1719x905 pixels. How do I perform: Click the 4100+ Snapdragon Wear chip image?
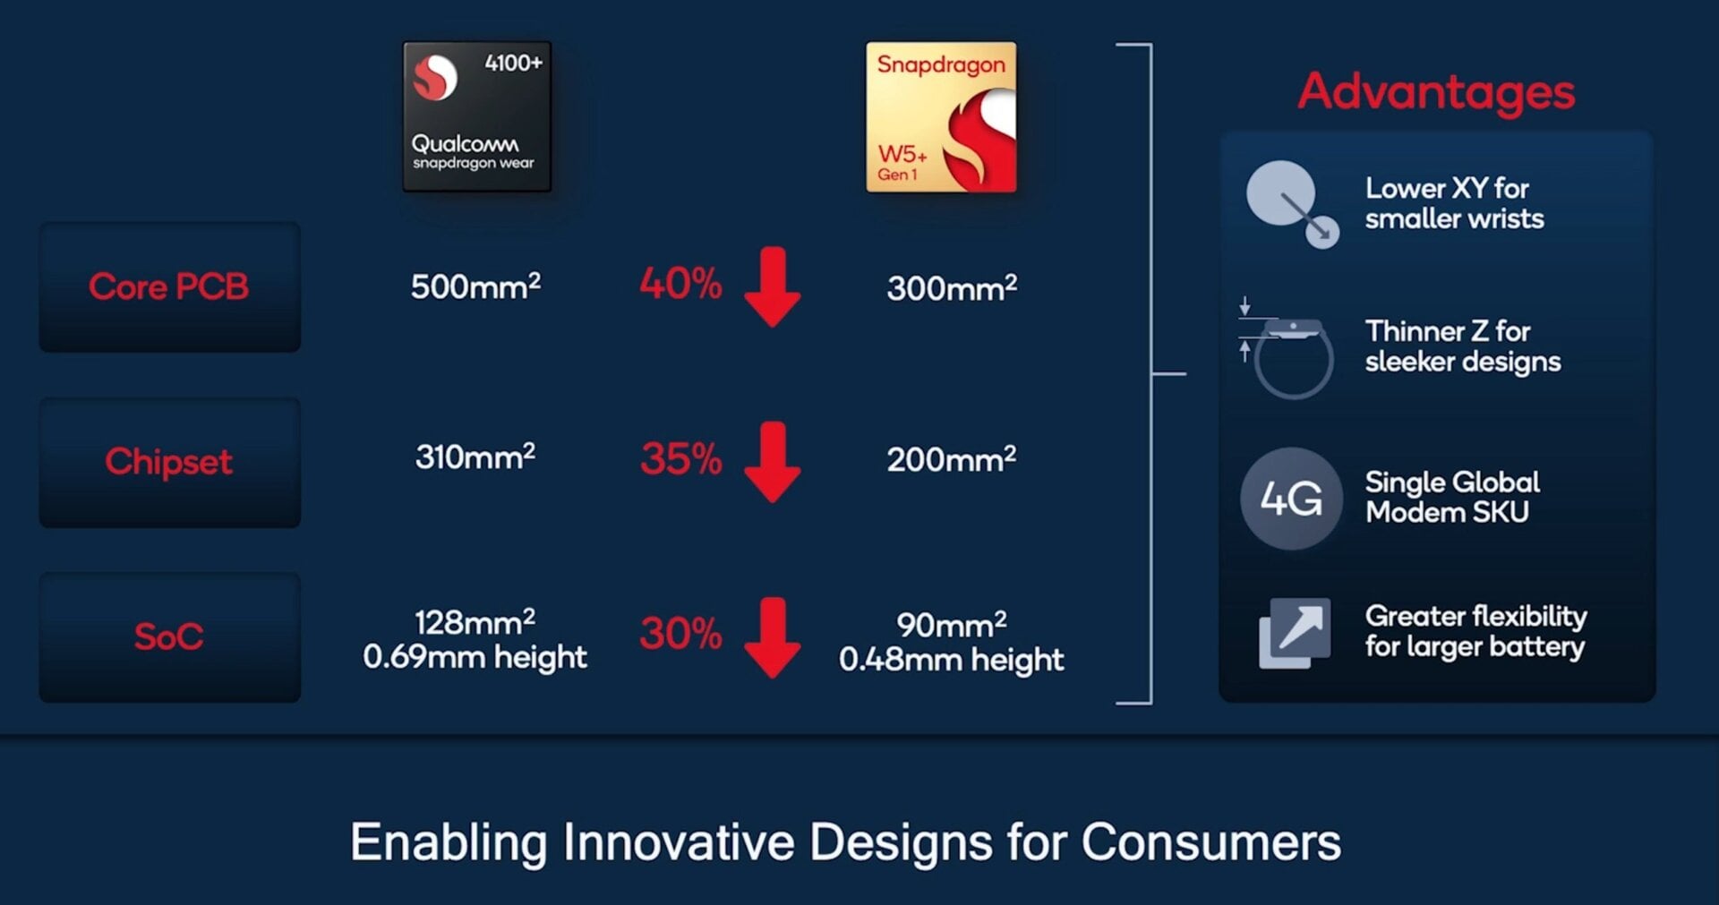pyautogui.click(x=476, y=116)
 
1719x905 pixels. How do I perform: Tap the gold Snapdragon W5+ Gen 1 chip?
pyautogui.click(x=940, y=116)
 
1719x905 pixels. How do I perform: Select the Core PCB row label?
pyautogui.click(x=169, y=286)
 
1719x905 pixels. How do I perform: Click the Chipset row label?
pyautogui.click(x=169, y=462)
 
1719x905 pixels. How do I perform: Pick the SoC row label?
pyautogui.click(x=169, y=637)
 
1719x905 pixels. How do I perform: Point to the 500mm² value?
pyautogui.click(x=475, y=286)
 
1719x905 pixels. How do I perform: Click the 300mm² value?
pyautogui.click(x=951, y=288)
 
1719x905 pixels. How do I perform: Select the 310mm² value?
pyautogui.click(x=475, y=457)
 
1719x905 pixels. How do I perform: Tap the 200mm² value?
pyautogui.click(x=951, y=459)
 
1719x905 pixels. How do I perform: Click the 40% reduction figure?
pyautogui.click(x=680, y=284)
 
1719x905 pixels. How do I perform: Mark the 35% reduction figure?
pyautogui.click(x=680, y=459)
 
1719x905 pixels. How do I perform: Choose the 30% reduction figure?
pyautogui.click(x=680, y=634)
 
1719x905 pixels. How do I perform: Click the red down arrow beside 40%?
pyautogui.click(x=772, y=286)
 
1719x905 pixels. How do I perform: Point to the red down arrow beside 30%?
pyautogui.click(x=772, y=637)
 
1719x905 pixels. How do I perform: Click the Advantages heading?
pyautogui.click(x=1436, y=91)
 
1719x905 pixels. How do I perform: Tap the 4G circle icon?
pyautogui.click(x=1291, y=499)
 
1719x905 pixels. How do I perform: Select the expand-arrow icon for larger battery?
pyautogui.click(x=1295, y=633)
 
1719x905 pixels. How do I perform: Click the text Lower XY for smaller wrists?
pyautogui.click(x=1453, y=203)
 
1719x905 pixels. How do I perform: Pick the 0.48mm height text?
pyautogui.click(x=951, y=661)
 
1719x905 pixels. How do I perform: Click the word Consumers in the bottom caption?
pyautogui.click(x=1210, y=842)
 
